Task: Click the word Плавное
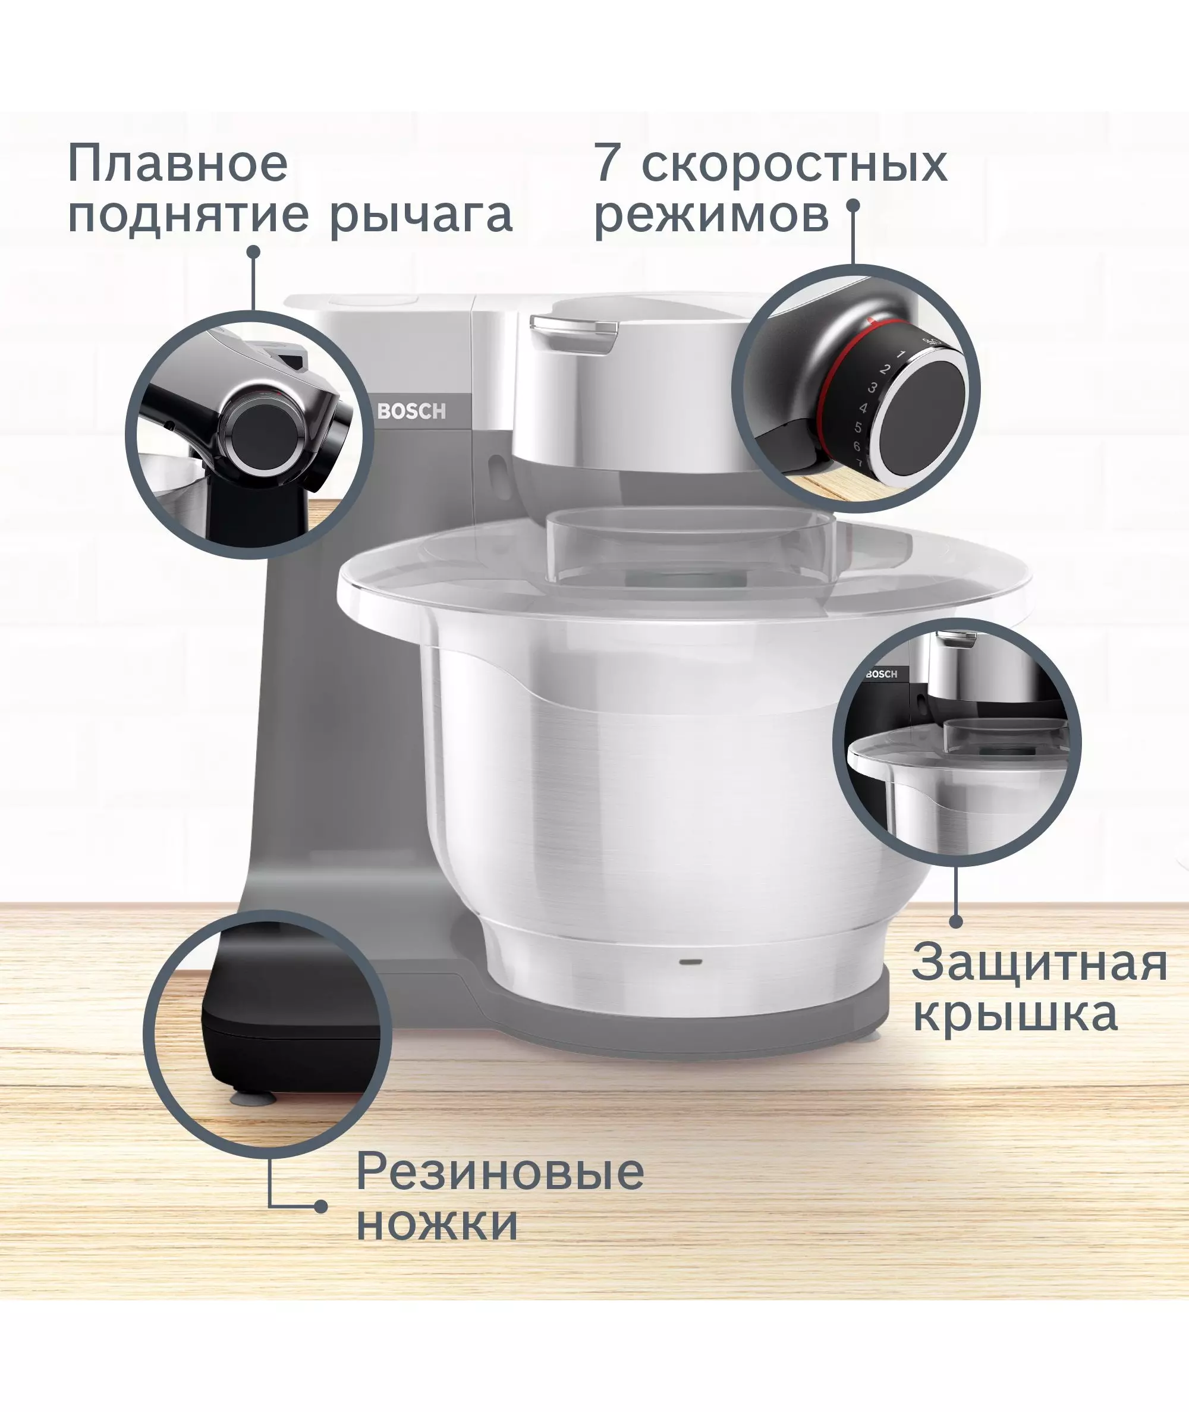[x=178, y=163]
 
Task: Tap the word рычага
[x=422, y=217]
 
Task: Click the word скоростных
[x=794, y=165]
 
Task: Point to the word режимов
[x=712, y=217]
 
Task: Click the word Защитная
[x=1039, y=963]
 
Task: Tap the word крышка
[x=1015, y=1014]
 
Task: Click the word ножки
[x=438, y=1224]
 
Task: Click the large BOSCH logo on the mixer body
[x=411, y=411]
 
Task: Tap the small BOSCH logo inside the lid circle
[x=882, y=674]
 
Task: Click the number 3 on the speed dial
[x=872, y=388]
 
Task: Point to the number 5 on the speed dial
[x=858, y=427]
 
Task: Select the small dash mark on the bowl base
[x=689, y=962]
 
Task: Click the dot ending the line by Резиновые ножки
[x=321, y=1206]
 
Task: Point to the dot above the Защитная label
[x=956, y=921]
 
